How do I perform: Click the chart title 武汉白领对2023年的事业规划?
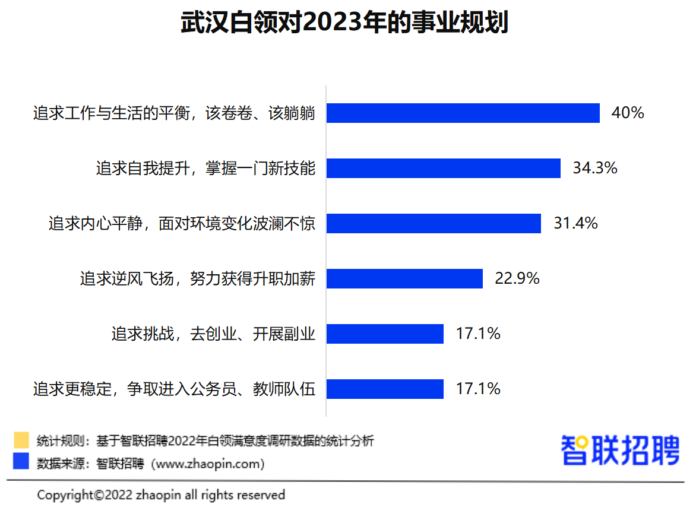[x=344, y=23]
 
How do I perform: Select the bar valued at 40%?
[x=463, y=113]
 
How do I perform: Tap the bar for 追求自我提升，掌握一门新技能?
[x=444, y=168]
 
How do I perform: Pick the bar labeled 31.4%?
[x=434, y=223]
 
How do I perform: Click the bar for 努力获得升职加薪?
[x=404, y=278]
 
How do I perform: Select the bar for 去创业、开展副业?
[x=385, y=334]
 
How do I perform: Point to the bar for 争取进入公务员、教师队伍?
[x=385, y=389]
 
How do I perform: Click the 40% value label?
[x=627, y=113]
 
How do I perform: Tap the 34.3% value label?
[x=595, y=168]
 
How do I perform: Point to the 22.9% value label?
[x=517, y=278]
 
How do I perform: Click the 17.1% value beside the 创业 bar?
[x=478, y=334]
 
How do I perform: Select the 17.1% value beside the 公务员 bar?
[x=478, y=389]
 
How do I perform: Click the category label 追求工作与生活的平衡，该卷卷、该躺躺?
[x=174, y=113]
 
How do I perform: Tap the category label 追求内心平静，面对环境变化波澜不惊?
[x=182, y=224]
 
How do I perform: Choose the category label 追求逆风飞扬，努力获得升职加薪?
[x=197, y=278]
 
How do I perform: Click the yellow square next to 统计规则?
[x=21, y=440]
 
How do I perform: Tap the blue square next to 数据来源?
[x=21, y=462]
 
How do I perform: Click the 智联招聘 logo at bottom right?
[x=620, y=450]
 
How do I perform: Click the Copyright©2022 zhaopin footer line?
[x=161, y=494]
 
